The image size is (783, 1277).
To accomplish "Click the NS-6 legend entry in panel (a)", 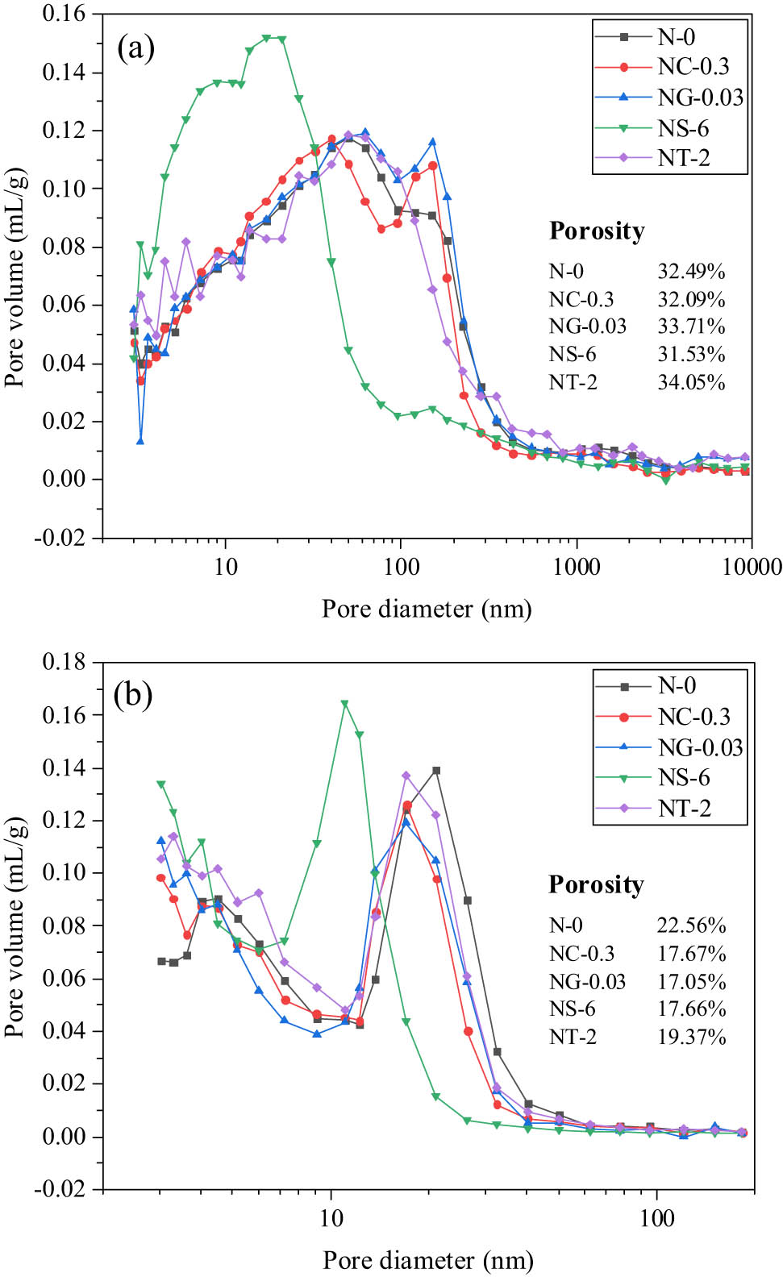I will click(683, 128).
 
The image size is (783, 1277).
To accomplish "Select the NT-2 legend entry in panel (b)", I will click(684, 809).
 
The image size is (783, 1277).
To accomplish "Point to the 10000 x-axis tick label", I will click(752, 567).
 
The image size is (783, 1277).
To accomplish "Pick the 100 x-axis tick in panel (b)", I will click(656, 1217).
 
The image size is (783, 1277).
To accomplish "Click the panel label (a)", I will click(135, 48).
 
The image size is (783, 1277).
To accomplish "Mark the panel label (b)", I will click(134, 694).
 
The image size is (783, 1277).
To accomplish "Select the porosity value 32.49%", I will click(691, 272).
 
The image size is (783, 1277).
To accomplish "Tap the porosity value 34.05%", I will click(691, 382).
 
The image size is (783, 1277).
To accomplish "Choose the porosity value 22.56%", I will click(691, 926).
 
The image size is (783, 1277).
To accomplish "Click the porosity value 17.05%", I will click(691, 982).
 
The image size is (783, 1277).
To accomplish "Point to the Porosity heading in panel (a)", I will click(597, 231).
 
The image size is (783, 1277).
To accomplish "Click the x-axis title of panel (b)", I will click(428, 1260).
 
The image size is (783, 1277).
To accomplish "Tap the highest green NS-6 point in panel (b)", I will click(344, 704).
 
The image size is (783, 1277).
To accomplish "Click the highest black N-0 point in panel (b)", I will click(436, 771).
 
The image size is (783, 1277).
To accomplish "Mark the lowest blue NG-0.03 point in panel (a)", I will click(140, 441).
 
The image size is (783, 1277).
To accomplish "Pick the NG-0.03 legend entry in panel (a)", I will click(700, 98).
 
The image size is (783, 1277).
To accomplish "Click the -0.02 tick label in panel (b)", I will click(60, 1189).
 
